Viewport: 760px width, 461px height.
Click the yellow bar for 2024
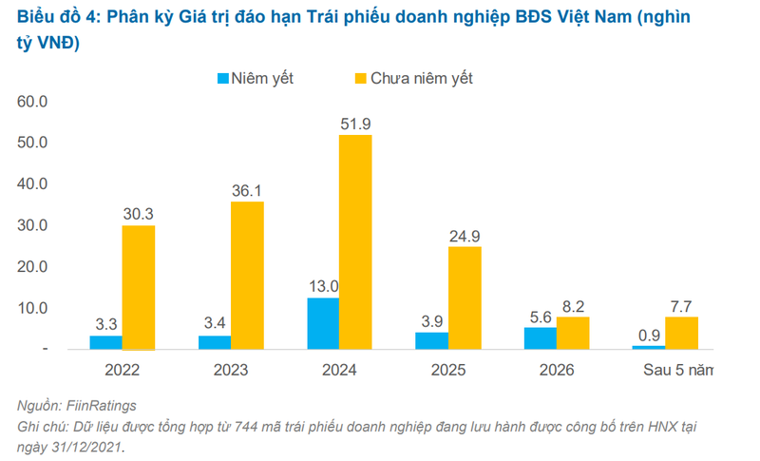tap(356, 241)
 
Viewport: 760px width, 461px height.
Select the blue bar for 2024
tap(323, 323)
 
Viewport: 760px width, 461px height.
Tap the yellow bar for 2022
tap(139, 287)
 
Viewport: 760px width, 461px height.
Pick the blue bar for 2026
tap(541, 337)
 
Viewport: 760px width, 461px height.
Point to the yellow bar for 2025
tap(465, 298)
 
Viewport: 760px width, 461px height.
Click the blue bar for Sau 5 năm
tap(649, 347)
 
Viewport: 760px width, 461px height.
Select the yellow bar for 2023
tap(247, 275)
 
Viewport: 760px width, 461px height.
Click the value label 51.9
tap(356, 124)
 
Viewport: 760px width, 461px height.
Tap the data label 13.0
tap(323, 286)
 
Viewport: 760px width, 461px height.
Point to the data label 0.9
tap(649, 335)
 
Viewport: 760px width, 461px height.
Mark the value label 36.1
tap(247, 190)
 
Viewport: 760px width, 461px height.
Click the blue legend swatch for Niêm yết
tap(222, 78)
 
